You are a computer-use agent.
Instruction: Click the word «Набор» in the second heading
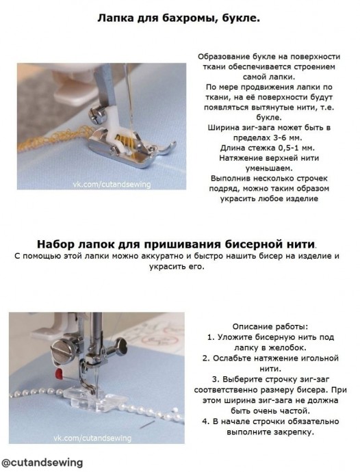click(56, 244)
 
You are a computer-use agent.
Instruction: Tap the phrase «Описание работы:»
click(270, 326)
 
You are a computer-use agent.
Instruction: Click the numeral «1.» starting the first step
click(211, 337)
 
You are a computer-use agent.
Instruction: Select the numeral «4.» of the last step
click(205, 421)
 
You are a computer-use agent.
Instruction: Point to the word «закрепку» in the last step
click(294, 432)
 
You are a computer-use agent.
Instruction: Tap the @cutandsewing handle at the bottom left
click(42, 462)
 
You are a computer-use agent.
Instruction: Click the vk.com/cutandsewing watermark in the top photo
click(112, 184)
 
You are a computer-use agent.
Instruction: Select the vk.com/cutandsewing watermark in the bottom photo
click(92, 438)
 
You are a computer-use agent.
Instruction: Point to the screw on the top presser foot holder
click(97, 116)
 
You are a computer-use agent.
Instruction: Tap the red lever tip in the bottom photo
click(59, 374)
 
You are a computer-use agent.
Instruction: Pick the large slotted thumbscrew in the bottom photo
click(65, 351)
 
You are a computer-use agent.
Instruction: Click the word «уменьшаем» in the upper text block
click(269, 168)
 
